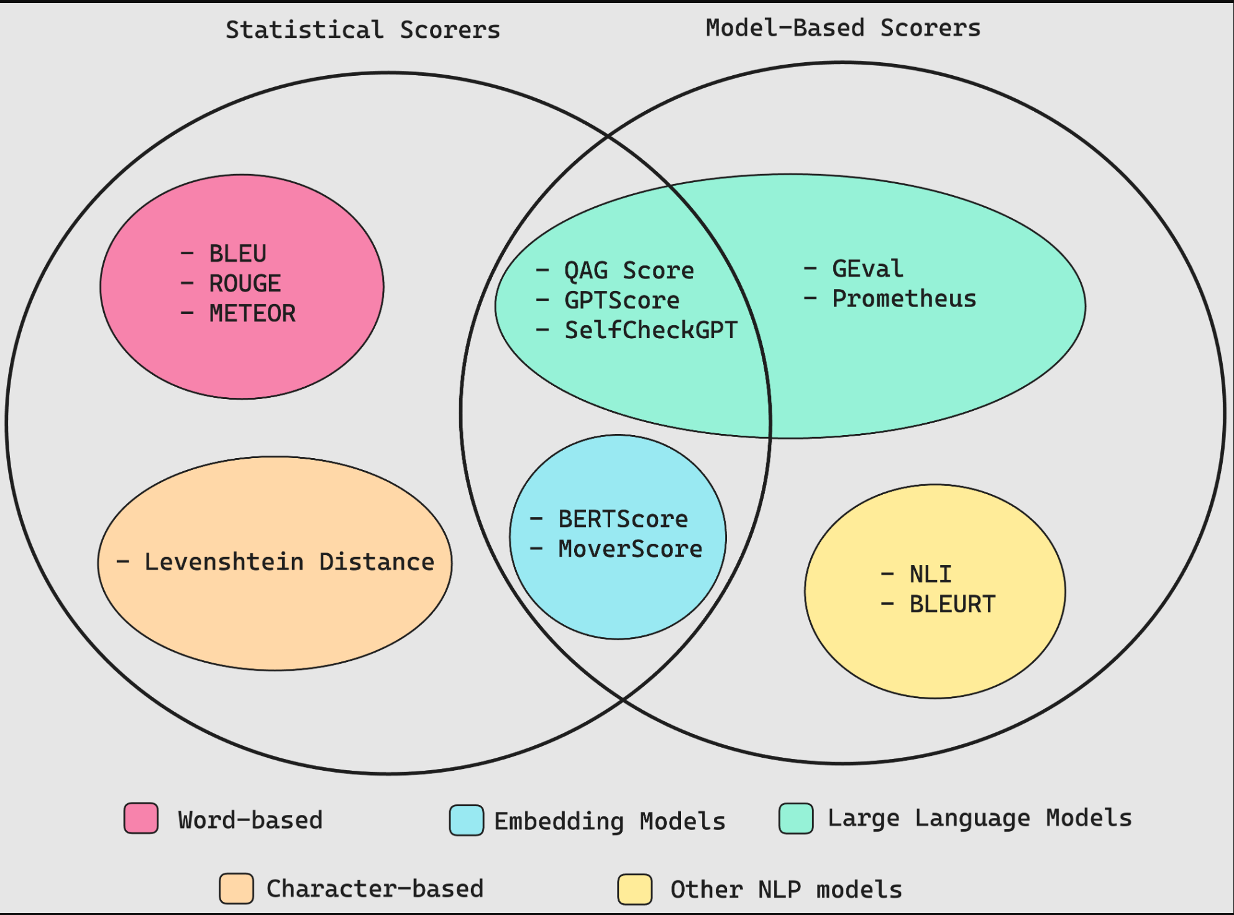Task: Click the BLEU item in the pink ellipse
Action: (x=237, y=254)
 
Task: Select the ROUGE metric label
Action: (x=245, y=283)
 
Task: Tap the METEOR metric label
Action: (x=252, y=313)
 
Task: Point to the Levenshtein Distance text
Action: (x=289, y=562)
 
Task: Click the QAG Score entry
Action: (x=628, y=270)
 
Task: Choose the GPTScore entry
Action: (x=621, y=300)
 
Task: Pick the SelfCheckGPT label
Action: (x=651, y=330)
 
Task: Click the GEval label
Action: (x=867, y=269)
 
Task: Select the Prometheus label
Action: (x=904, y=298)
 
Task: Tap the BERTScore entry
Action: (x=623, y=519)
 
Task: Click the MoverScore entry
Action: (x=630, y=549)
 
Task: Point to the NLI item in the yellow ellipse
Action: (x=930, y=574)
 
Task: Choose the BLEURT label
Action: (x=952, y=604)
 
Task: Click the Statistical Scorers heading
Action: (x=363, y=30)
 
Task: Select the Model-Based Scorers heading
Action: (x=843, y=28)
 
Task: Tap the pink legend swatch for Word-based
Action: (x=141, y=818)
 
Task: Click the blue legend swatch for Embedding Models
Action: (x=467, y=820)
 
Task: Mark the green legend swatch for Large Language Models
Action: (x=796, y=818)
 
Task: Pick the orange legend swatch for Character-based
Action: (x=236, y=888)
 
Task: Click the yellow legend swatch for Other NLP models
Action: (x=634, y=889)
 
